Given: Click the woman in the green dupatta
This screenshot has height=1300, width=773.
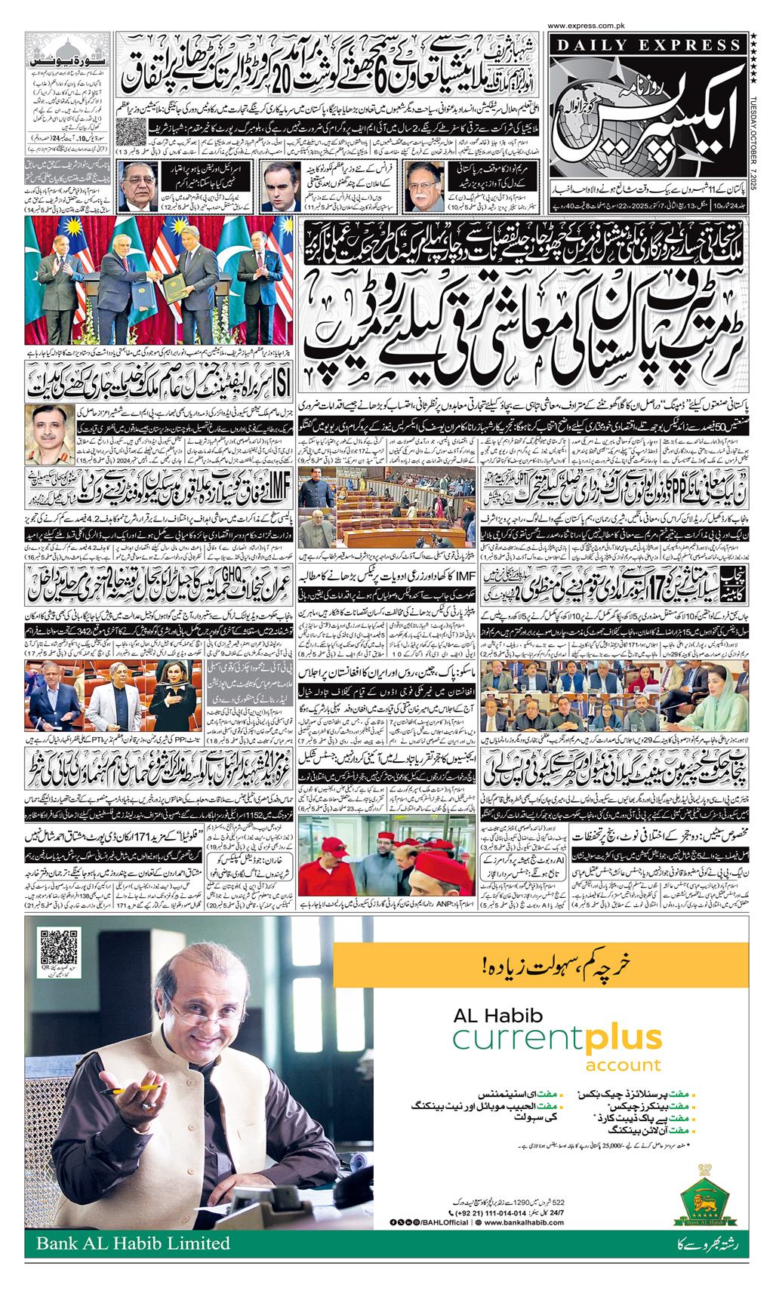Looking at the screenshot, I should (x=716, y=675).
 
